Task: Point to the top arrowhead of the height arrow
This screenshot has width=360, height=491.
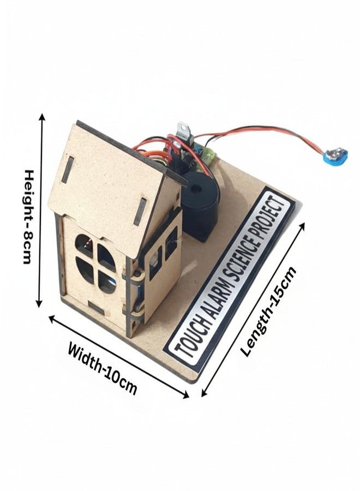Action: pyautogui.click(x=42, y=118)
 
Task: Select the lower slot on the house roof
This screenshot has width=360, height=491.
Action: pyautogui.click(x=140, y=211)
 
